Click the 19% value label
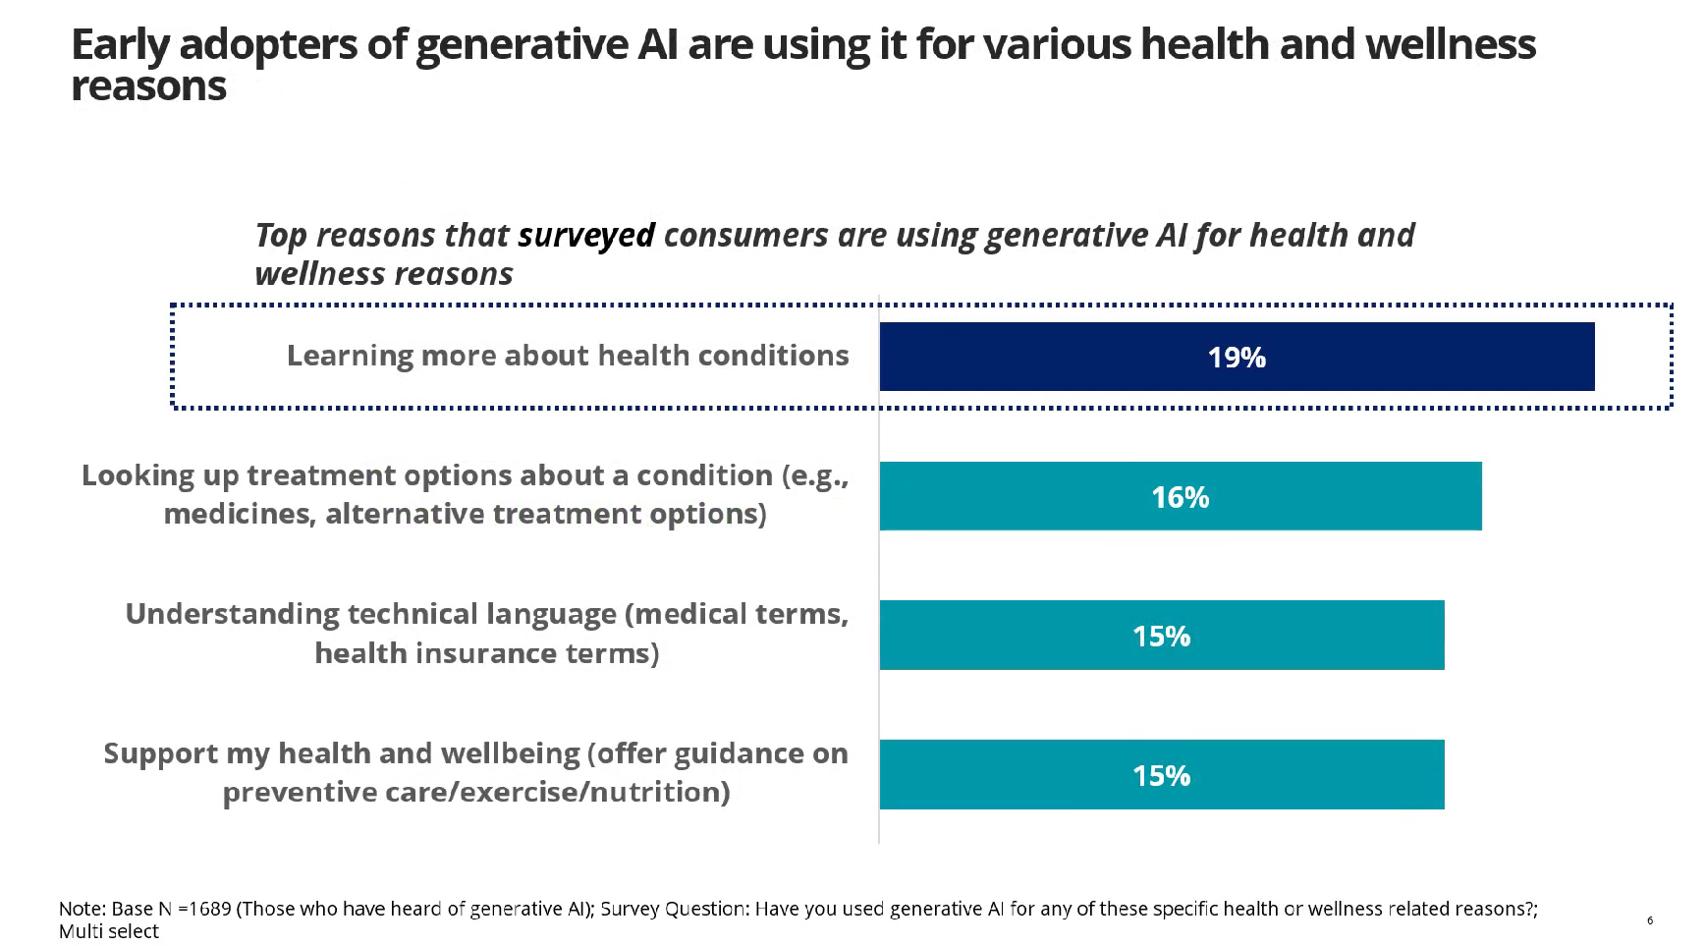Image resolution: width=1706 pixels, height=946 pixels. click(1237, 358)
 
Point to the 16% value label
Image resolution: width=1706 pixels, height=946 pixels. click(1180, 497)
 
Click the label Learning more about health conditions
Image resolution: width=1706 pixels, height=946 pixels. click(567, 356)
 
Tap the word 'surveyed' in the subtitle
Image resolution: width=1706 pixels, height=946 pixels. click(585, 236)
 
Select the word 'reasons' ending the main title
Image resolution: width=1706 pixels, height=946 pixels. click(148, 87)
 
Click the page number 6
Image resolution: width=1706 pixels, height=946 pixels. click(1650, 920)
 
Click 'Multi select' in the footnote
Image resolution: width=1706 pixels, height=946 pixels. click(108, 931)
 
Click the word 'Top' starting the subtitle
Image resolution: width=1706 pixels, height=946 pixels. click(280, 236)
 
